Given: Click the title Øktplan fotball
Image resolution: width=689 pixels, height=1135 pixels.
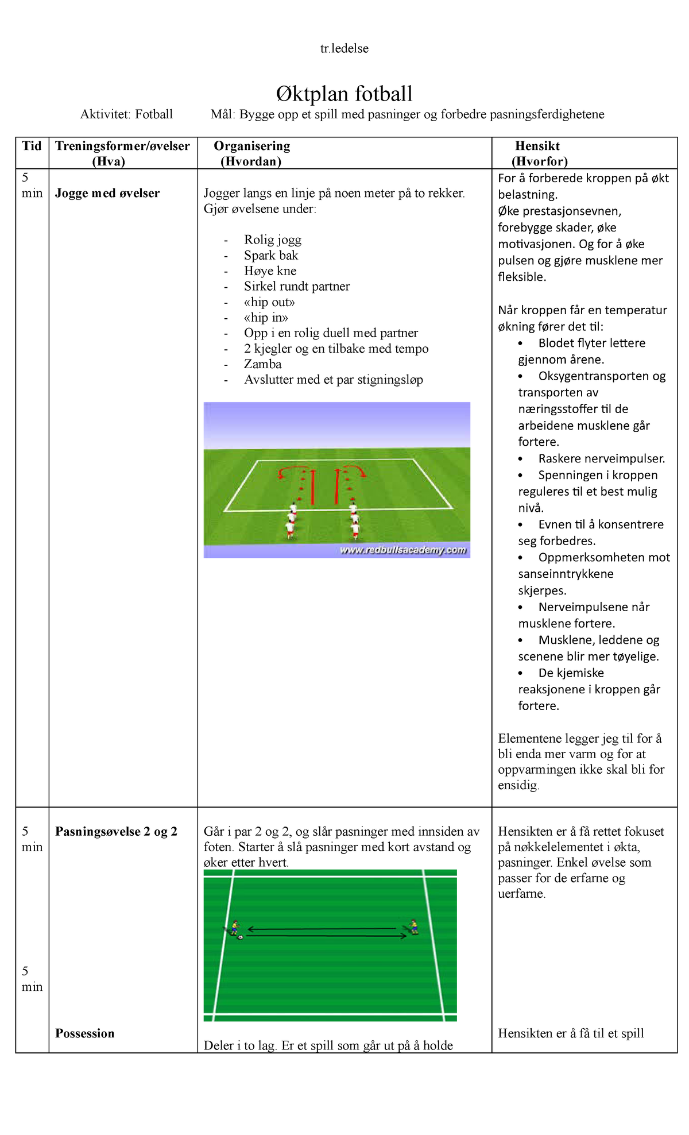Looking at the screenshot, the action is (344, 94).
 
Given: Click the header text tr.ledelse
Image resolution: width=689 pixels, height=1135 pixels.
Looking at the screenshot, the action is (344, 48).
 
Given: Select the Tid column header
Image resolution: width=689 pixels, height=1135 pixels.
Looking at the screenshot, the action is (32, 146).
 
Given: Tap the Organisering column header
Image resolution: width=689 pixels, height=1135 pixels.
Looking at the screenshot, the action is (252, 153).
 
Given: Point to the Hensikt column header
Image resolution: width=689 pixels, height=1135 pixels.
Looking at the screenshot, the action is (539, 153).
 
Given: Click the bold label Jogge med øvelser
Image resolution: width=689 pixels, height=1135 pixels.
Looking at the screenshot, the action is (107, 193).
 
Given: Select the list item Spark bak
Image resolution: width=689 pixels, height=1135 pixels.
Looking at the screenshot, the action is (271, 255).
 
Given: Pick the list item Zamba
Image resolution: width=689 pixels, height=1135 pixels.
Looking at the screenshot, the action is (263, 364).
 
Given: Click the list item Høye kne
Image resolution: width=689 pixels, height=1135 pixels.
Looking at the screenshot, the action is (270, 271).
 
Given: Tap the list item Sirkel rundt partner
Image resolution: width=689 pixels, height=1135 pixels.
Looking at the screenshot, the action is (297, 286).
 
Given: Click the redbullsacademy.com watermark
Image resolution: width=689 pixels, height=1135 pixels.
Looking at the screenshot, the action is (403, 550).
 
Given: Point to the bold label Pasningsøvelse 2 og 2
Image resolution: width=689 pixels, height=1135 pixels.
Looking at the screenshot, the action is (116, 831).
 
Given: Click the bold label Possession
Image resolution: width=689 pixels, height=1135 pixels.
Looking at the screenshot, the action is (85, 1033).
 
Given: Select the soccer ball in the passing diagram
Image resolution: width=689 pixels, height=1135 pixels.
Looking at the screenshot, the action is (241, 937).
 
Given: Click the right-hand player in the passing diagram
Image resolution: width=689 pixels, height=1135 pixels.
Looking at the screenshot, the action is (413, 926).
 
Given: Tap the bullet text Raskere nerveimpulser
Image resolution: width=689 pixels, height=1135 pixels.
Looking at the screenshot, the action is (602, 458).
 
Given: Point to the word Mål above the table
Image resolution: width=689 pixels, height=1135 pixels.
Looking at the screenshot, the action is (223, 114).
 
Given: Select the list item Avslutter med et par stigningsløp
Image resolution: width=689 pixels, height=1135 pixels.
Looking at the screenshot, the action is (334, 379).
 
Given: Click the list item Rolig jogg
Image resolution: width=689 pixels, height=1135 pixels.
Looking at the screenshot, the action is (273, 240).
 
